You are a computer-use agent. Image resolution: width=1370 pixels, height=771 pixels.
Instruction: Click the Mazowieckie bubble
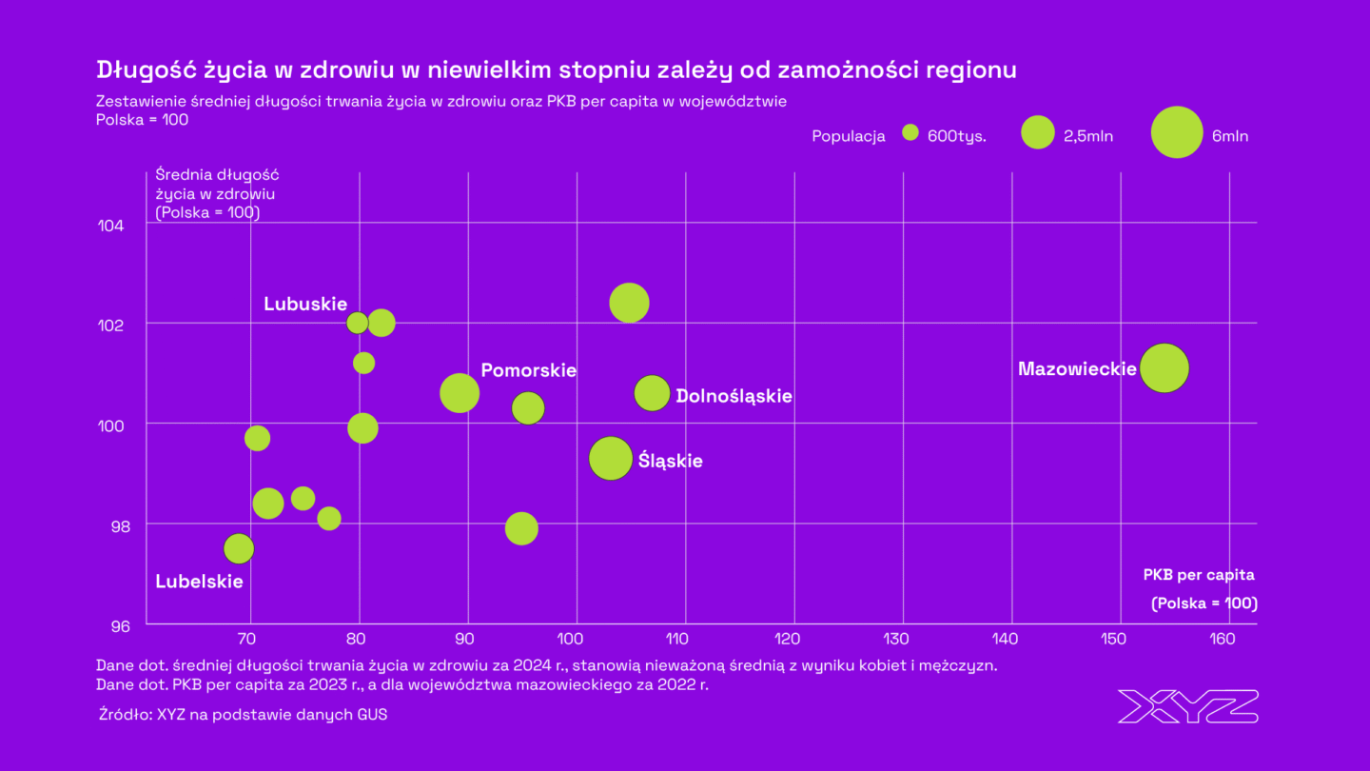click(x=1164, y=368)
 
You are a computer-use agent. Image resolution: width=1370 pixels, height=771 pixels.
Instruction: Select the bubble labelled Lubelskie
click(x=239, y=548)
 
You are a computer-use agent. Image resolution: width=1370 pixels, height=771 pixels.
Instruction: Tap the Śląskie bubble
click(x=611, y=459)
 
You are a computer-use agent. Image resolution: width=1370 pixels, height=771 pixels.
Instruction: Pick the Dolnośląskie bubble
click(x=652, y=393)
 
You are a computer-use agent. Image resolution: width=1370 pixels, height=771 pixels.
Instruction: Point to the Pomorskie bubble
click(x=460, y=393)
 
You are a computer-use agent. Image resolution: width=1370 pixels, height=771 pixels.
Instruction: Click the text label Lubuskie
click(x=304, y=304)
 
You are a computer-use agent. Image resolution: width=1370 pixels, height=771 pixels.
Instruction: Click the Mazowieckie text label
click(x=1077, y=368)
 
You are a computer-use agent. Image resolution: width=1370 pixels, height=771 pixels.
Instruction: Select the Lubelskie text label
click(x=199, y=582)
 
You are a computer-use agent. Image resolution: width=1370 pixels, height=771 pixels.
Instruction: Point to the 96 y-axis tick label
click(x=111, y=625)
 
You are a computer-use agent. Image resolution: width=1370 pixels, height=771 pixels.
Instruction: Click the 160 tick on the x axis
click(x=1225, y=639)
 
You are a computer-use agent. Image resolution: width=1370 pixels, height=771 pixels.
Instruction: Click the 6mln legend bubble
click(x=1177, y=132)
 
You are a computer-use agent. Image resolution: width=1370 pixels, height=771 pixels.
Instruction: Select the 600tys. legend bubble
click(x=910, y=133)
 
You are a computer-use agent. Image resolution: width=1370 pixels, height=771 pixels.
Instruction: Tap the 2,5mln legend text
click(x=1087, y=136)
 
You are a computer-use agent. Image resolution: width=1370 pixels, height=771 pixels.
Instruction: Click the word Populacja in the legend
click(x=848, y=136)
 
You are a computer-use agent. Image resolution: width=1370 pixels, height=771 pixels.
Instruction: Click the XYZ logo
click(x=1187, y=706)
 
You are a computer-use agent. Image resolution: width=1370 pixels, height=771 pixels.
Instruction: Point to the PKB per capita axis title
click(x=1198, y=575)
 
